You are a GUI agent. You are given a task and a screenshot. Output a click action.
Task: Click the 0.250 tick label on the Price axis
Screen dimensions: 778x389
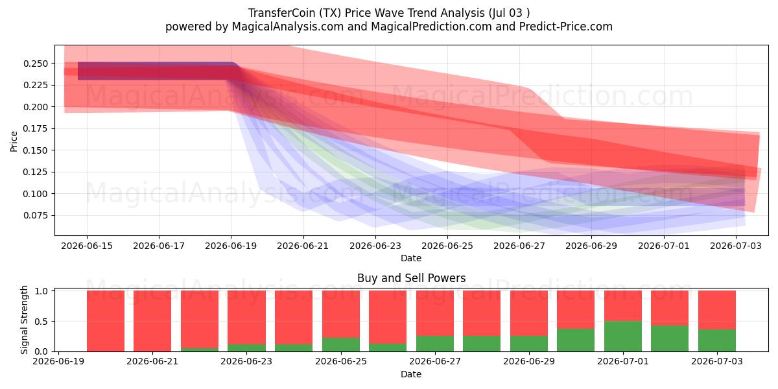coord(36,64)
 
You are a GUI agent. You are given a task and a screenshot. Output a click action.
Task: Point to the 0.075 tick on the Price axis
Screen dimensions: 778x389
coord(36,215)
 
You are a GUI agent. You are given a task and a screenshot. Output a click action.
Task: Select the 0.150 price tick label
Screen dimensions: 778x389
coord(36,150)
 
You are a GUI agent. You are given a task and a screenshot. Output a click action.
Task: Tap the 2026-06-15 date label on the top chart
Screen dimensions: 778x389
coord(87,246)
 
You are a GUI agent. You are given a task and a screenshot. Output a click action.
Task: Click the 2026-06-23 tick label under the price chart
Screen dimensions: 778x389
coord(375,246)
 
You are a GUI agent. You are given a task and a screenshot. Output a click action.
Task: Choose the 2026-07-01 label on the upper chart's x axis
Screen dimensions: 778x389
coord(664,246)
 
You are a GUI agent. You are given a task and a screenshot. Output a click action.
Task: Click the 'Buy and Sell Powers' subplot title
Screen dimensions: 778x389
coord(411,278)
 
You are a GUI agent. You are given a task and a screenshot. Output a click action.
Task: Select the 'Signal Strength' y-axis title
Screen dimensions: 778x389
coord(24,320)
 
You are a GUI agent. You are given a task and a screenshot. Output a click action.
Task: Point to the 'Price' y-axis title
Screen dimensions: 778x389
coord(14,141)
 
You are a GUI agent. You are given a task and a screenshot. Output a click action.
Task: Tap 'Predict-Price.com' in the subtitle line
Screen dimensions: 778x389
coord(566,27)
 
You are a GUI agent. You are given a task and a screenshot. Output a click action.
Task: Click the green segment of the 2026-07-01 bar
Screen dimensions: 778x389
coord(623,336)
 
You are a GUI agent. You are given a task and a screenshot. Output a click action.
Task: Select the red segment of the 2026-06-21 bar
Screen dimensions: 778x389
coord(152,321)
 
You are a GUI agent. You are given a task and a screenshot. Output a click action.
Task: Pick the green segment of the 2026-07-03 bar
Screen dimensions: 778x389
coord(717,340)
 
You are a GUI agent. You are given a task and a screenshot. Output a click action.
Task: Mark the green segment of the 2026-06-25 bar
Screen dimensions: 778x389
coord(341,344)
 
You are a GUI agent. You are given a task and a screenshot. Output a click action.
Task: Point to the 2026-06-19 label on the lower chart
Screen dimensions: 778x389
coord(58,362)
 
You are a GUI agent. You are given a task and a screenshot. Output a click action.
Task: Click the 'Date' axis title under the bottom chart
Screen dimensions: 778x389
coord(411,374)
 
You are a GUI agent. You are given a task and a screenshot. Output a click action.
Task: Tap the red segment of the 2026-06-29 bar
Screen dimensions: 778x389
coord(528,313)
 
